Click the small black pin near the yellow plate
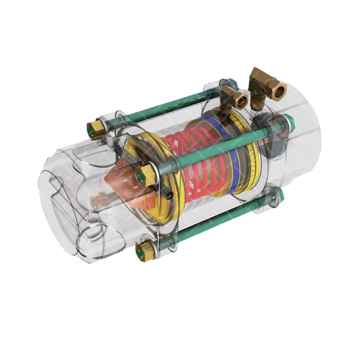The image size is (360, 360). [166, 194]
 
